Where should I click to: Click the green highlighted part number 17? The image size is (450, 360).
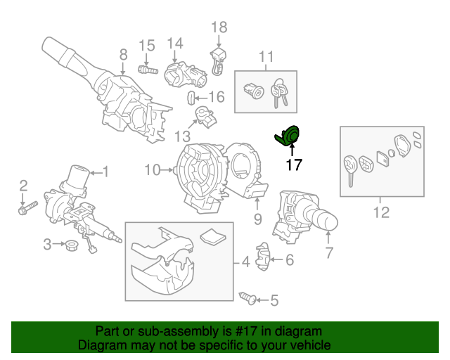pyautogui.click(x=288, y=136)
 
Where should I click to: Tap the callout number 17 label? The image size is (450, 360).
pyautogui.click(x=292, y=165)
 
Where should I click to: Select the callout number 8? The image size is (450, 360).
pyautogui.click(x=123, y=54)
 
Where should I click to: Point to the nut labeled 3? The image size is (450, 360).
pyautogui.click(x=70, y=245)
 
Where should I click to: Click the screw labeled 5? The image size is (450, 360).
pyautogui.click(x=247, y=299)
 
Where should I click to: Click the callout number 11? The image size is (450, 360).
pyautogui.click(x=266, y=56)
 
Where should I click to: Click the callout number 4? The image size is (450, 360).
pyautogui.click(x=245, y=264)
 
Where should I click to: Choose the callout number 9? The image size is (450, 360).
pyautogui.click(x=257, y=219)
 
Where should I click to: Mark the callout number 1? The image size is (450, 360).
pyautogui.click(x=106, y=171)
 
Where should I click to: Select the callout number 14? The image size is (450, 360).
pyautogui.click(x=174, y=43)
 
